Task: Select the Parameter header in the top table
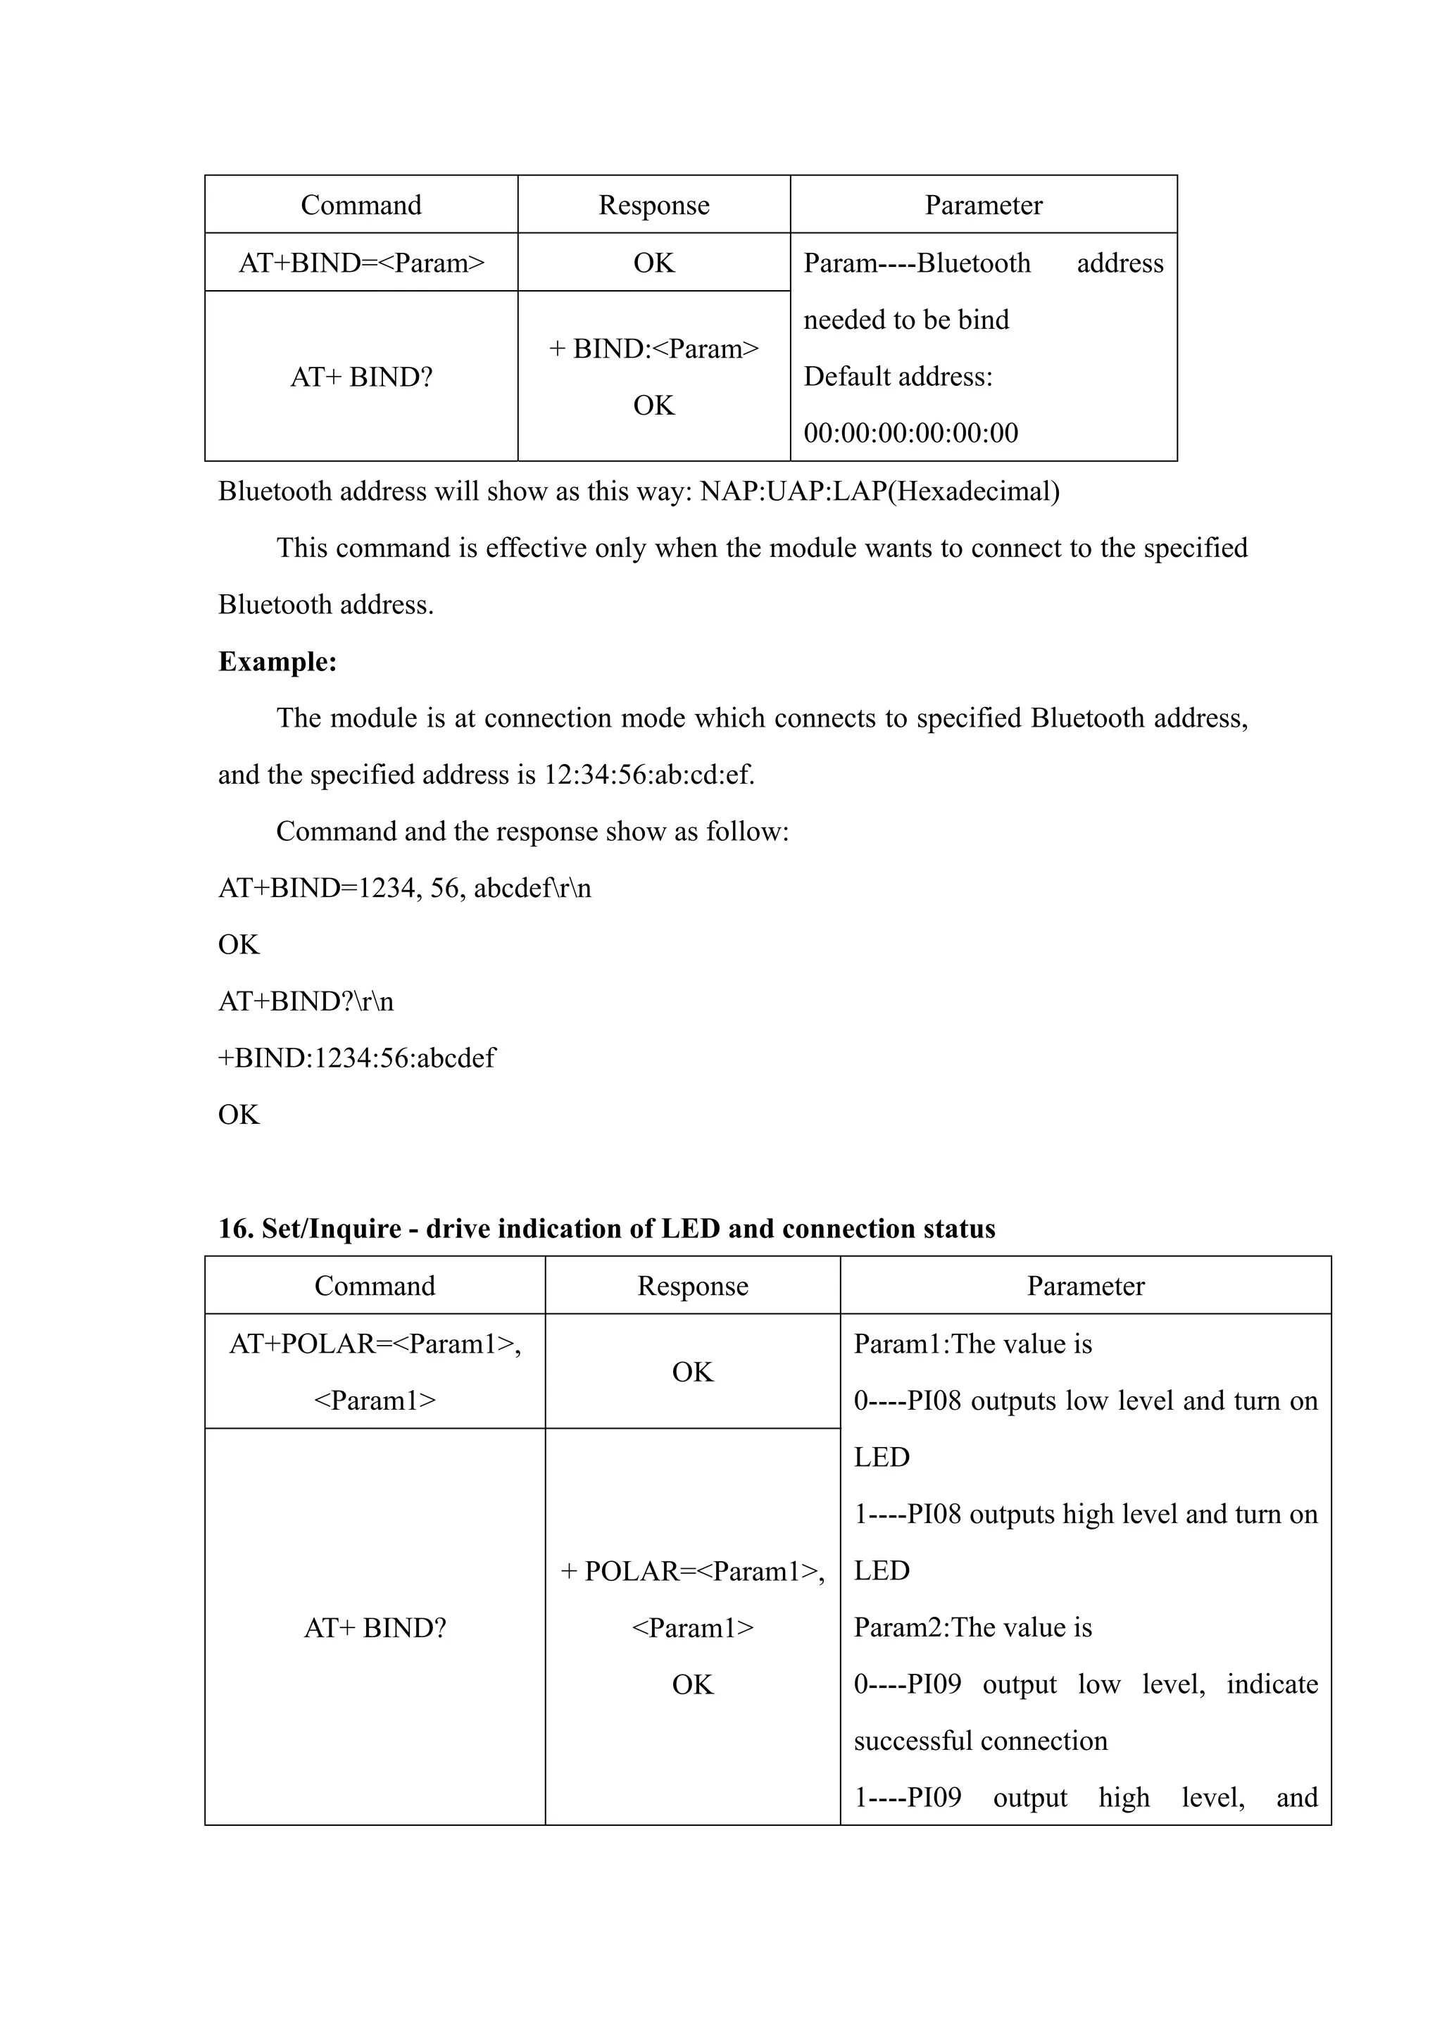click(x=983, y=205)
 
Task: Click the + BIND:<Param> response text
click(x=654, y=349)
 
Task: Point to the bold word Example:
click(x=277, y=662)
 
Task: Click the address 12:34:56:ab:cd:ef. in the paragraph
click(x=648, y=775)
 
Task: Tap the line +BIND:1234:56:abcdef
click(x=356, y=1058)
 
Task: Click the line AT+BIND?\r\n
click(x=306, y=1001)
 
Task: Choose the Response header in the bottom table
click(x=692, y=1287)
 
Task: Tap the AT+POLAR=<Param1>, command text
click(x=375, y=1344)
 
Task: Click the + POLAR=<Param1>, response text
click(x=692, y=1572)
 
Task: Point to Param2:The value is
click(x=972, y=1628)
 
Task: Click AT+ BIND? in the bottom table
click(x=375, y=1628)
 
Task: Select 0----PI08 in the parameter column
click(x=907, y=1401)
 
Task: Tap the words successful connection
click(x=980, y=1741)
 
